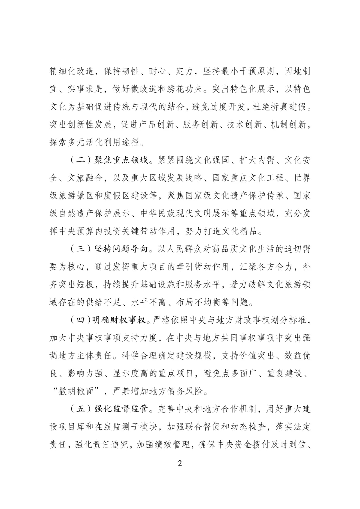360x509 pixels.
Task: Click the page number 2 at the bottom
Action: coord(180,463)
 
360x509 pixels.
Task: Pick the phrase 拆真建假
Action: coord(283,107)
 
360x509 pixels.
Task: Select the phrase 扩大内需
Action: coord(256,160)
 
